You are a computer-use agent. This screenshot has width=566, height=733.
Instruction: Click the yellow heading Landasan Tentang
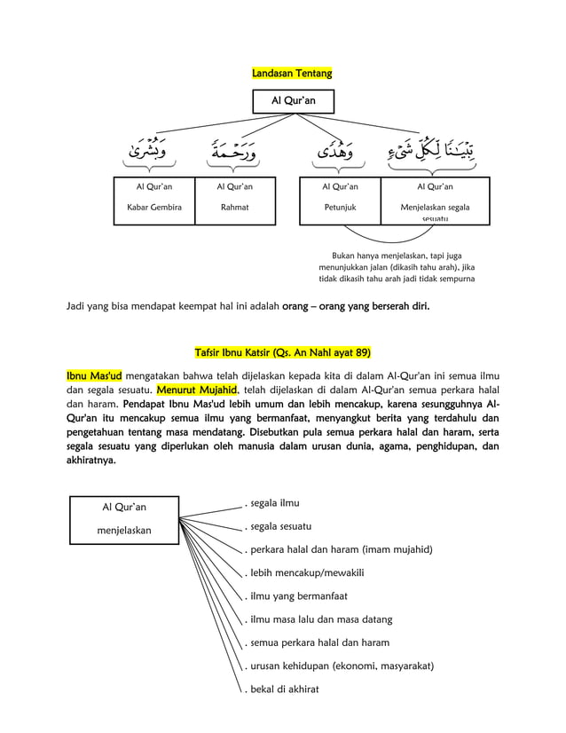tap(292, 73)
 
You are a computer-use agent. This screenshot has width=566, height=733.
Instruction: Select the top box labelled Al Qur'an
tap(292, 102)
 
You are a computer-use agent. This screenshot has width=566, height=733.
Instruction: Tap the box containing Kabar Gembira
tap(154, 201)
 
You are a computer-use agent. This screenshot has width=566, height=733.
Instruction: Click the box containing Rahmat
tap(235, 201)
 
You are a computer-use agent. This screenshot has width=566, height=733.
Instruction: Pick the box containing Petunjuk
tap(340, 201)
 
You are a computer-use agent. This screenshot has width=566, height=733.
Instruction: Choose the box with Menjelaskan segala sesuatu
tap(435, 201)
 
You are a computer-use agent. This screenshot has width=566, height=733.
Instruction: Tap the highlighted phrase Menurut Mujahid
tap(193, 390)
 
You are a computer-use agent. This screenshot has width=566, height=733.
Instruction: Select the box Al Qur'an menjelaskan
tap(124, 518)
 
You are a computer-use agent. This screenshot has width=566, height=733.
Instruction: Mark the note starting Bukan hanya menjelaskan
tap(397, 267)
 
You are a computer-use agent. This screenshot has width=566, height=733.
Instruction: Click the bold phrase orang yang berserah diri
tap(355, 308)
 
